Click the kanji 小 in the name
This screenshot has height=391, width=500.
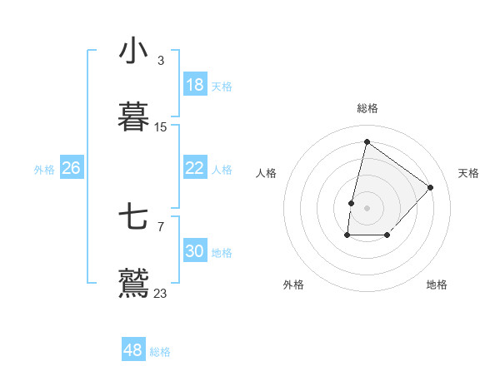pyautogui.click(x=133, y=52)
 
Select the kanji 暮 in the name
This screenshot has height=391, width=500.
pyautogui.click(x=133, y=117)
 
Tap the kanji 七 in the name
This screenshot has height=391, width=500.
pyautogui.click(x=133, y=218)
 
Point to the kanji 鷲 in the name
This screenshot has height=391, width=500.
pyautogui.click(x=133, y=283)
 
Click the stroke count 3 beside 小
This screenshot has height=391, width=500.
pyautogui.click(x=161, y=61)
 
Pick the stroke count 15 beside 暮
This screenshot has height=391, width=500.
pyautogui.click(x=161, y=127)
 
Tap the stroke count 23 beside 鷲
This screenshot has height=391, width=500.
pyautogui.click(x=161, y=293)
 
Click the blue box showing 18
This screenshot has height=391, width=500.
pyautogui.click(x=195, y=85)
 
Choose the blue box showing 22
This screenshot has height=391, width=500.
pyautogui.click(x=195, y=168)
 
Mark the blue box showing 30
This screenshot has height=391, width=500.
pyautogui.click(x=195, y=251)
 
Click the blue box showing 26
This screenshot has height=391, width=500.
pyautogui.click(x=71, y=168)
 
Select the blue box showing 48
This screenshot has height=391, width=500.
pyautogui.click(x=133, y=350)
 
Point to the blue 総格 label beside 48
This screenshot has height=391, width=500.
pyautogui.click(x=160, y=352)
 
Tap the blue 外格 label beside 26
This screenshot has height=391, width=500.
pyautogui.click(x=44, y=170)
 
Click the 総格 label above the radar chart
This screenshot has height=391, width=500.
pyautogui.click(x=367, y=108)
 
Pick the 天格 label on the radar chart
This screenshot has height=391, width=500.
pyautogui.click(x=468, y=173)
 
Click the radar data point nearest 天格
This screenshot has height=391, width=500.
pyautogui.click(x=431, y=187)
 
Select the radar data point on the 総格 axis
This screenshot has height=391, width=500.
pyautogui.click(x=367, y=141)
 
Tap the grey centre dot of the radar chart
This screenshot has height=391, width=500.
pyautogui.click(x=367, y=207)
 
